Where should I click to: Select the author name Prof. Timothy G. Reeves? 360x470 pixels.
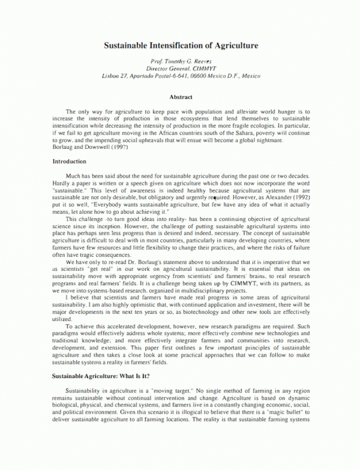coord(180,62)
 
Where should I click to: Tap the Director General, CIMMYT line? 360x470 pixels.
coord(180,69)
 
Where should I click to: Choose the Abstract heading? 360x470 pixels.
coord(181,97)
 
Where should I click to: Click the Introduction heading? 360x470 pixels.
coord(69,161)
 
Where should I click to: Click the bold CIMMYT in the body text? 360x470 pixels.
coord(246,265)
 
